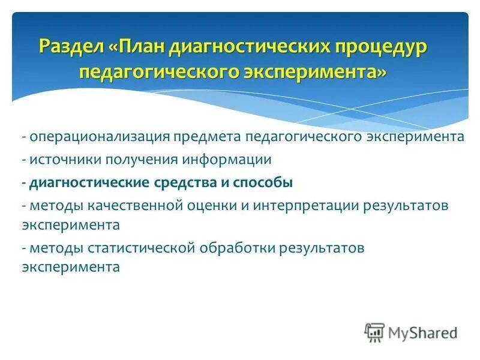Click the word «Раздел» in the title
(x=73, y=47)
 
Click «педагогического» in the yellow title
(x=158, y=72)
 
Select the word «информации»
(x=220, y=160)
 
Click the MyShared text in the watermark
(x=422, y=332)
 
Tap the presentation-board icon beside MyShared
(x=374, y=332)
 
